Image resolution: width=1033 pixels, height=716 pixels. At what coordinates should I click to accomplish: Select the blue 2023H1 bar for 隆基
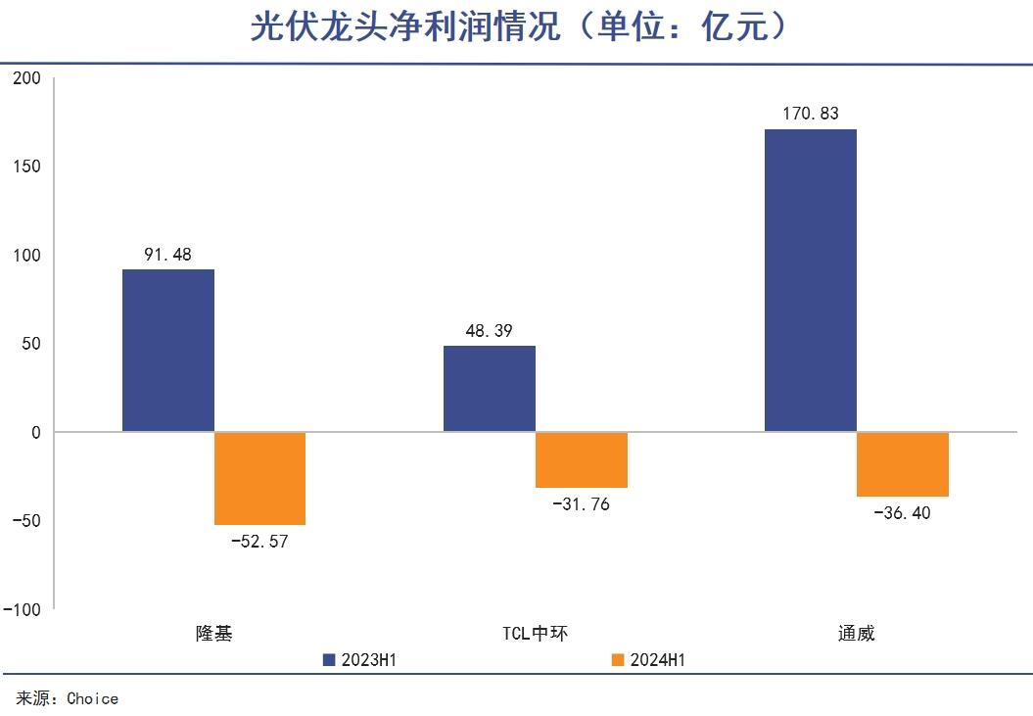point(168,351)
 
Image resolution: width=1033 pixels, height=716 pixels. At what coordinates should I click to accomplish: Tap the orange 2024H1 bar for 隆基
point(259,478)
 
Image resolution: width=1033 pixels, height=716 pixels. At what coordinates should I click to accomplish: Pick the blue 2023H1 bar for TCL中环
point(490,389)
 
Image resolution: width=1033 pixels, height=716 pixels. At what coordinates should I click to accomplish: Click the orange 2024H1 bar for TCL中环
point(581,459)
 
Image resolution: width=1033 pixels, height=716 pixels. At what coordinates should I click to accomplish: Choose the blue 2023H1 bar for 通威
point(810,280)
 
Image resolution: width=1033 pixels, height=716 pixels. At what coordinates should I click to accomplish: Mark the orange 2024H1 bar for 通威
point(902,464)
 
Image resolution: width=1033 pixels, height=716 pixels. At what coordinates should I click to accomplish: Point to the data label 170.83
point(810,114)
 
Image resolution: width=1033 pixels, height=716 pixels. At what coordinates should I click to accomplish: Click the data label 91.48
point(168,255)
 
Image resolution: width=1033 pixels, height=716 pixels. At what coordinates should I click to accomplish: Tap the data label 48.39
point(490,331)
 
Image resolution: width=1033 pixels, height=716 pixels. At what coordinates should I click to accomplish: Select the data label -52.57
point(259,541)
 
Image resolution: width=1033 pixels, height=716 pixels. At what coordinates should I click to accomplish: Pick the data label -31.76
point(581,504)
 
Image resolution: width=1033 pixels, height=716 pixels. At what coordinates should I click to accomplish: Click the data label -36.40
point(902,512)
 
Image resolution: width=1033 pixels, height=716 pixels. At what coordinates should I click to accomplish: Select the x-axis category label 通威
point(856,633)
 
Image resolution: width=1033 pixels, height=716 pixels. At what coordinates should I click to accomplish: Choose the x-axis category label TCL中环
point(535,633)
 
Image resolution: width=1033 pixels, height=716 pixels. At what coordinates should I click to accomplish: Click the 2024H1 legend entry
point(647,660)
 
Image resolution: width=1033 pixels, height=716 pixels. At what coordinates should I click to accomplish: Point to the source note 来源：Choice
point(68,698)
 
